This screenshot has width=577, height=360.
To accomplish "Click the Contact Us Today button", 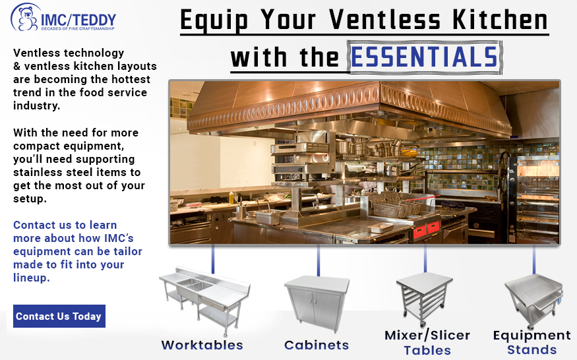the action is pos(59,316).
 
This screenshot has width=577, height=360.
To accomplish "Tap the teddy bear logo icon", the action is pos(24,17).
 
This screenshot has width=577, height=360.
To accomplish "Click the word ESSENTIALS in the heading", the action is pos(425,57).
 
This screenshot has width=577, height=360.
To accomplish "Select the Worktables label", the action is pos(202,345).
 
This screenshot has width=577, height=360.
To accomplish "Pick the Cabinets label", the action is pos(317,345).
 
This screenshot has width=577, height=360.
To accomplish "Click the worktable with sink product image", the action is pos(204,301).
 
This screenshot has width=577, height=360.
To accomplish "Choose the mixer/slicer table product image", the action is pos(424,299).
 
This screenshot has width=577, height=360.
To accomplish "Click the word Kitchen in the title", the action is pos(500,20).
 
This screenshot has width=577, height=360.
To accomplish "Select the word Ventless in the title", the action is pos(384,20).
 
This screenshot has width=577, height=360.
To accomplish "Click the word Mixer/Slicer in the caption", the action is pos(427,336).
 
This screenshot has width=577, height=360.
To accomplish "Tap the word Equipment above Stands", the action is pos(531,336).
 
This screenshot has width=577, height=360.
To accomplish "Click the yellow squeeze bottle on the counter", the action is pos(231,198).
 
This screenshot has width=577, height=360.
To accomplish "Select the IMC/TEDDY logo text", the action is pos(78,20).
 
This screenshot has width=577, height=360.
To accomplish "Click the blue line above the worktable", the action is pos(213,259).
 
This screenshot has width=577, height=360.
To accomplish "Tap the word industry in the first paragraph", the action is pos(36,105).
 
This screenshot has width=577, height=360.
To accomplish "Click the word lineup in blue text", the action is pos(31,278).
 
